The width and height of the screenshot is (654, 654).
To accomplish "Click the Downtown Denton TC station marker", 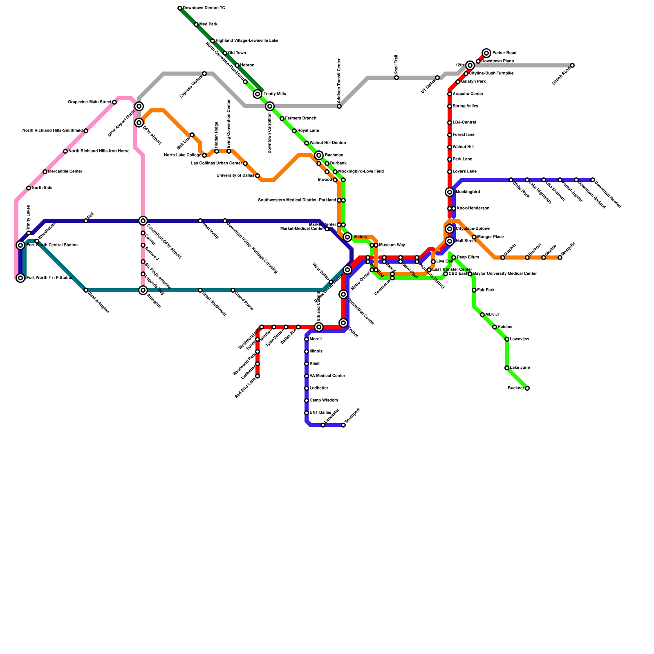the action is click(180, 8).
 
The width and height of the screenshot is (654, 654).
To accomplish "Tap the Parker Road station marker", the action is click(486, 53).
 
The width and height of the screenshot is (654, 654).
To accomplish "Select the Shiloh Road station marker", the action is click(572, 65).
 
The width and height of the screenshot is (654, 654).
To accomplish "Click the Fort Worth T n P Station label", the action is click(50, 278).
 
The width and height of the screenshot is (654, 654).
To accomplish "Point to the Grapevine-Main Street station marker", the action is click(114, 102).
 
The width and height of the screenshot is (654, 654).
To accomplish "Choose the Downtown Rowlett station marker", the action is click(593, 180).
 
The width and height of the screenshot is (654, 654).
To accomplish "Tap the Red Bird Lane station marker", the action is click(258, 376).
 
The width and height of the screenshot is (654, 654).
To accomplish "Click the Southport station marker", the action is click(343, 425).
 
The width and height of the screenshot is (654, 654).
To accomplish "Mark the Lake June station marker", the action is click(507, 368).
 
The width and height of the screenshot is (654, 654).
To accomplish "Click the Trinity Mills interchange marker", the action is click(258, 94).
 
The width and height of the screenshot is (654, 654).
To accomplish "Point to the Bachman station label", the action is click(334, 155).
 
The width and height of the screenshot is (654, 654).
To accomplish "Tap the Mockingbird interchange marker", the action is click(450, 192).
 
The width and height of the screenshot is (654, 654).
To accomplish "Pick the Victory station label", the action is click(360, 237).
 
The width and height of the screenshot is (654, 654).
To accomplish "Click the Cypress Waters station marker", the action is click(204, 74).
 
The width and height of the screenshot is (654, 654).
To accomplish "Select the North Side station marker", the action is click(29, 188).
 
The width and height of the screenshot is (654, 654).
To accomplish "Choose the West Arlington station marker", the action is click(86, 290).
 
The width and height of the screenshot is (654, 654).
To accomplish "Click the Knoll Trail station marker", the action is click(396, 78).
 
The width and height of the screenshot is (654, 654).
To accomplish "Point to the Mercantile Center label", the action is click(65, 172).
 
